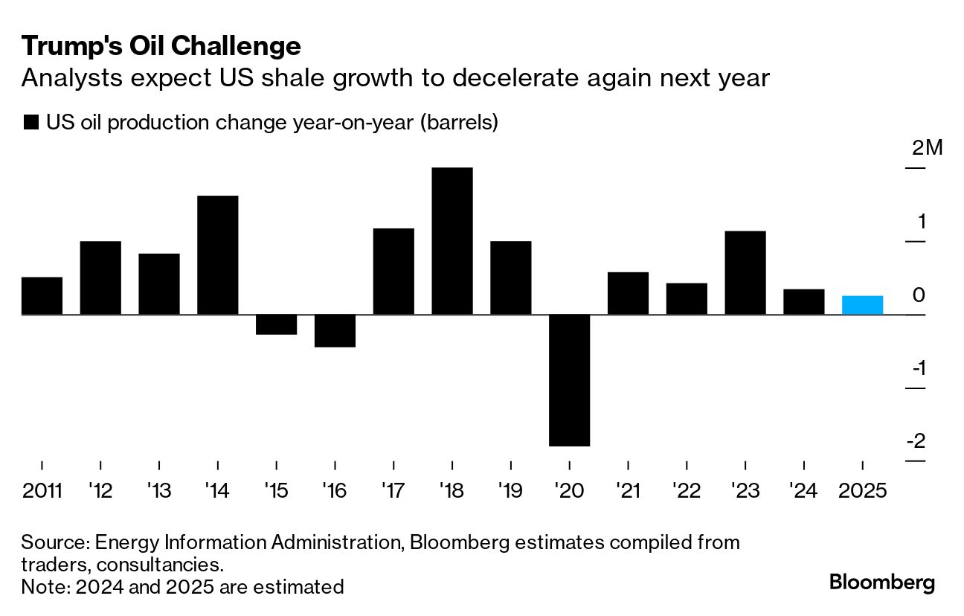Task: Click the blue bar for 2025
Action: (862, 305)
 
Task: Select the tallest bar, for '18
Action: (452, 241)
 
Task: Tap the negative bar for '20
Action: (569, 380)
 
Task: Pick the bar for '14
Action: (217, 255)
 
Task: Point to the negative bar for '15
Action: (276, 324)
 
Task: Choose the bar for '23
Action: (745, 273)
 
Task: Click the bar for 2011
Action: (42, 295)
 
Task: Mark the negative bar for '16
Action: (335, 331)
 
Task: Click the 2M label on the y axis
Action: (927, 148)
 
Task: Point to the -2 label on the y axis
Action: (916, 441)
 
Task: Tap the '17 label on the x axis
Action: (393, 491)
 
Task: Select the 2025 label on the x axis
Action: (862, 491)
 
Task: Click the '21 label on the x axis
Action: (628, 491)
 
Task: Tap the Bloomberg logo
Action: (881, 582)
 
